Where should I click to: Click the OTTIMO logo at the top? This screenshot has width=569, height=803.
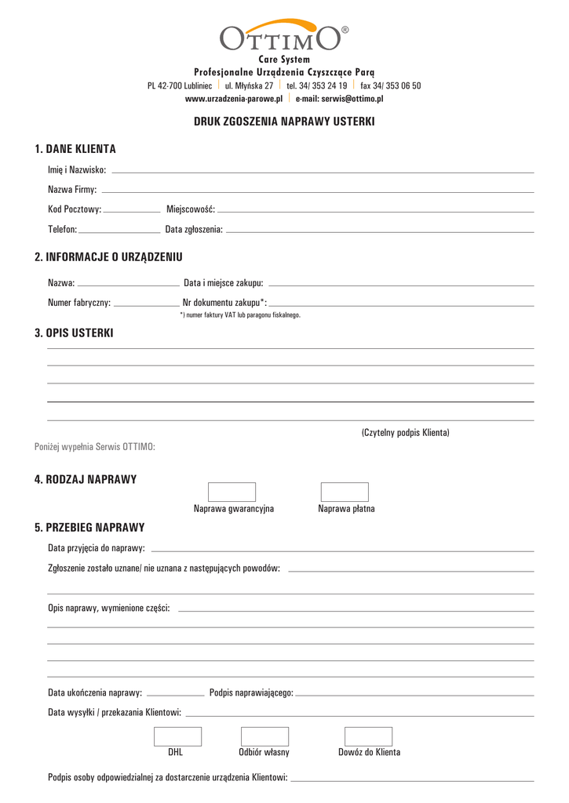280,36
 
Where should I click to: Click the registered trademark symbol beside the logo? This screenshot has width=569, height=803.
345,30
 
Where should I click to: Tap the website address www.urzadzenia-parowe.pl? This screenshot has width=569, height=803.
234,99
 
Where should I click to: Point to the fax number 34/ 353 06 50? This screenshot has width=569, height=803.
390,85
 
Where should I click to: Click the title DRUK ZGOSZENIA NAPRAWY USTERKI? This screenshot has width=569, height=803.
284,122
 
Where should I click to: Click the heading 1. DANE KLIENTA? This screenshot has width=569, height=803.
75,149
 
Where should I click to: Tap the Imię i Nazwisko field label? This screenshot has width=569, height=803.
77,170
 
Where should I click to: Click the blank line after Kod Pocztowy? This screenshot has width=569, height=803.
132,211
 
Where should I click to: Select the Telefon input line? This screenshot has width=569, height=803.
119,231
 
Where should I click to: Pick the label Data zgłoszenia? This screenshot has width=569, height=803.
194,230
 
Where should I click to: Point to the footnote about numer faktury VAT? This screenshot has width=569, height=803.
240,315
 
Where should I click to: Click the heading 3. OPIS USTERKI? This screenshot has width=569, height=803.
74,333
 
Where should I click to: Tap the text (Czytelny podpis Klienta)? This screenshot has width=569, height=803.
405,433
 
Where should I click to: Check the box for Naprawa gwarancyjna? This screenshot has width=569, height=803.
232,492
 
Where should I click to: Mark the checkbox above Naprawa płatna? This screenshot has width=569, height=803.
345,492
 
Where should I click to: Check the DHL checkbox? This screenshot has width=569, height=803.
177,736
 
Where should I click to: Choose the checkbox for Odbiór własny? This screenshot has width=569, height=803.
264,736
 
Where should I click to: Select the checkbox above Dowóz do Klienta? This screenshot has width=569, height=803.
369,736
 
